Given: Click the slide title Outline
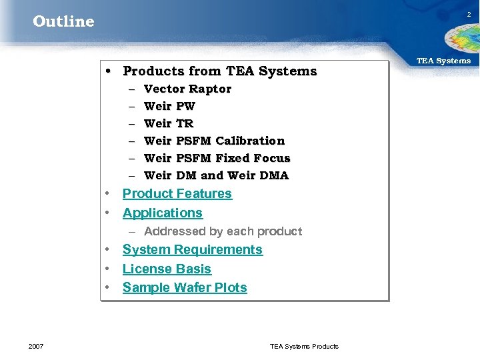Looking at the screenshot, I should (63, 21).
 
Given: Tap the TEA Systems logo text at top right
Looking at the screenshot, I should (443, 61).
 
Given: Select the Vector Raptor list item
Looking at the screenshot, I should (187, 89).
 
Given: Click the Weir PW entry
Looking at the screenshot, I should (169, 106).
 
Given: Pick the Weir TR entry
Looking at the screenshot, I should (169, 123).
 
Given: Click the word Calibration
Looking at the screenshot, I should (250, 141).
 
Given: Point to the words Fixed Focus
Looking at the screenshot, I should (252, 158).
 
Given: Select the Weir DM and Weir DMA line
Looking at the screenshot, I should (216, 175).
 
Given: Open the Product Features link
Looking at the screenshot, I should (177, 194).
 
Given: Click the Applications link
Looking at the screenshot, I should (163, 213).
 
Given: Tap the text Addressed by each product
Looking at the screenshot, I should (223, 231).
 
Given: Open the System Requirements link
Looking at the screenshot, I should (193, 250).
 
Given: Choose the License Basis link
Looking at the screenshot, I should (167, 269).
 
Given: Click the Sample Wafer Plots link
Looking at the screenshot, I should (185, 288).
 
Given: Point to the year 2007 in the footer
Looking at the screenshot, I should (37, 346).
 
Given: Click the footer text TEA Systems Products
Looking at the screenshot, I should (304, 346).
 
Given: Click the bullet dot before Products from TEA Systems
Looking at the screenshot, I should (108, 71).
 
